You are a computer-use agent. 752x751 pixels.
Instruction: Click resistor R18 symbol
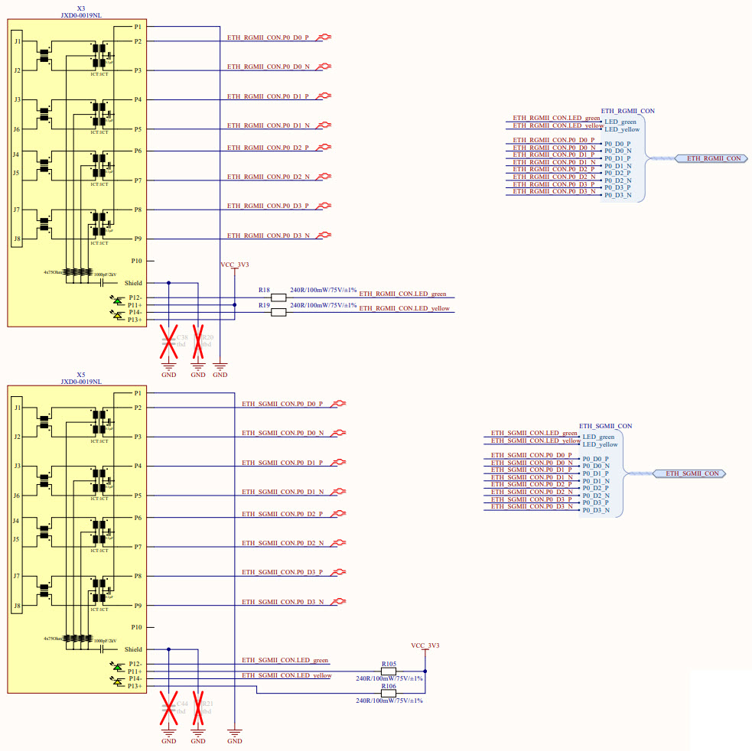[x=279, y=297]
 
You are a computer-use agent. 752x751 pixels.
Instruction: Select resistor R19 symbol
[x=279, y=312]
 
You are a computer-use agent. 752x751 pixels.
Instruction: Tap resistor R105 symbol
[x=389, y=671]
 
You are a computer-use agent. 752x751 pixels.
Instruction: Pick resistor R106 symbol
[x=389, y=693]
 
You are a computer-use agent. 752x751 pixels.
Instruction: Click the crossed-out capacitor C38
[x=168, y=341]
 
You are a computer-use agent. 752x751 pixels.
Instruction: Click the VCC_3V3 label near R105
[x=425, y=645]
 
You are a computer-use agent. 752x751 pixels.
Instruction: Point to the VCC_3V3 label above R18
[x=235, y=265]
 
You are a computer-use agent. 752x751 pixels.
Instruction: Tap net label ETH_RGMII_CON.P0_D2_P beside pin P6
[x=268, y=147]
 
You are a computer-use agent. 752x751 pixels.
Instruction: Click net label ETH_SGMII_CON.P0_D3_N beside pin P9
[x=283, y=602]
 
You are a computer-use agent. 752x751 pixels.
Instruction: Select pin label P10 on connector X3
[x=137, y=261]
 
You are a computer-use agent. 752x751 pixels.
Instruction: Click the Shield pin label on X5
[x=133, y=649]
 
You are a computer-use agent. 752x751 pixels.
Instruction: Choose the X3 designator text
[x=81, y=8]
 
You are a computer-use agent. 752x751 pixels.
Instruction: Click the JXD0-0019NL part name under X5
[x=81, y=382]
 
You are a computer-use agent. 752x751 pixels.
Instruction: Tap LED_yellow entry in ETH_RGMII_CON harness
[x=622, y=129]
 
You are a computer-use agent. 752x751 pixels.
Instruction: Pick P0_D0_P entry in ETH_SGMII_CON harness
[x=596, y=459]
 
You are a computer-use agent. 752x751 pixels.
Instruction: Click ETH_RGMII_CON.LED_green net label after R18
[x=402, y=294]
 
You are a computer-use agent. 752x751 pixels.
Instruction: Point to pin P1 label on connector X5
[x=138, y=393]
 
